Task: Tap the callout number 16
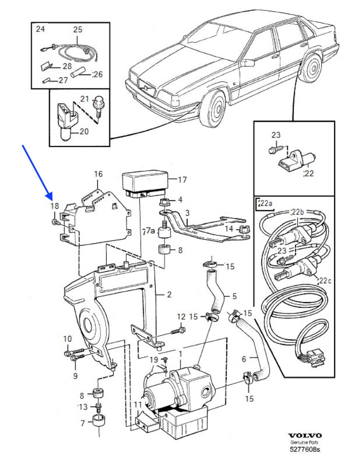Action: (98, 174)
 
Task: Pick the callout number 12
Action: (181, 316)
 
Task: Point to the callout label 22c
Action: (325, 280)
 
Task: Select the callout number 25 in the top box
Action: (77, 30)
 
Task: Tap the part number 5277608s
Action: (305, 448)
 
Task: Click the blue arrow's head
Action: (50, 197)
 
